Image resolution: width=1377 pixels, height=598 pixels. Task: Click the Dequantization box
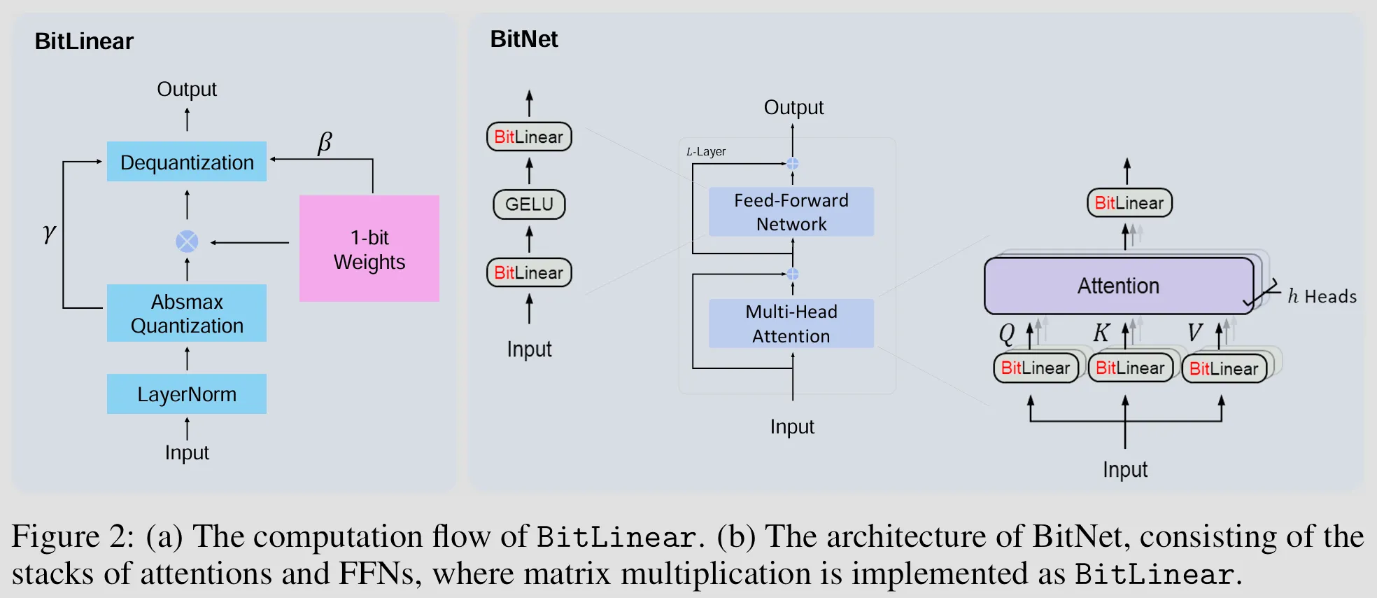coord(187,162)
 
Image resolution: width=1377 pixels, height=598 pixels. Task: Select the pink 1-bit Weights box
coord(369,249)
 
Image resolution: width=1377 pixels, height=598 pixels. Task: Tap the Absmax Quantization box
coord(187,313)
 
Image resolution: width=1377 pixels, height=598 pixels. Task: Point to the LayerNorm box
coord(187,394)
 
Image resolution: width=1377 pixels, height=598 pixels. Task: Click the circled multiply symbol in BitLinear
coord(187,242)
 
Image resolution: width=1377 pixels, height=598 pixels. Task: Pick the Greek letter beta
coord(325,143)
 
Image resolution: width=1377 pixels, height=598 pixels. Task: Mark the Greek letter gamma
coord(48,232)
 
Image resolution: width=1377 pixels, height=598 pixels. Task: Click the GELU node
coord(529,204)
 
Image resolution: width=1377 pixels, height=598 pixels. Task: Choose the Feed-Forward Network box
coord(791,211)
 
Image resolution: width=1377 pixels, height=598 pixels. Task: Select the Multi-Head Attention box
coord(791,324)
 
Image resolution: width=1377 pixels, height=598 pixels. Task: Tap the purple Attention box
coord(1118,286)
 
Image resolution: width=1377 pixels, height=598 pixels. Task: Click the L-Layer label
coord(706,152)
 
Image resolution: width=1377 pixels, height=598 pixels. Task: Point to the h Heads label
coord(1322,297)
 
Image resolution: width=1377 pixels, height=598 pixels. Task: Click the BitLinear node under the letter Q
coord(1036,368)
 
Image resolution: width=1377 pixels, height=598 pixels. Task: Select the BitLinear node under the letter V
coord(1224,369)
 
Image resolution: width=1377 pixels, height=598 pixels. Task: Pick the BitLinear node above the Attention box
coord(1129,203)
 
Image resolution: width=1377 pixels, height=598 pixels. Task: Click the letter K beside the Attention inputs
coord(1101,333)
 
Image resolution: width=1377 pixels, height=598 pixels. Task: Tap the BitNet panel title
coord(524,39)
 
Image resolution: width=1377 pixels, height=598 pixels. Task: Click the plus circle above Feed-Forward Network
coord(793,164)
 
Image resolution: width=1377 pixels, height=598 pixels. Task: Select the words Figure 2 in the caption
coord(73,537)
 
